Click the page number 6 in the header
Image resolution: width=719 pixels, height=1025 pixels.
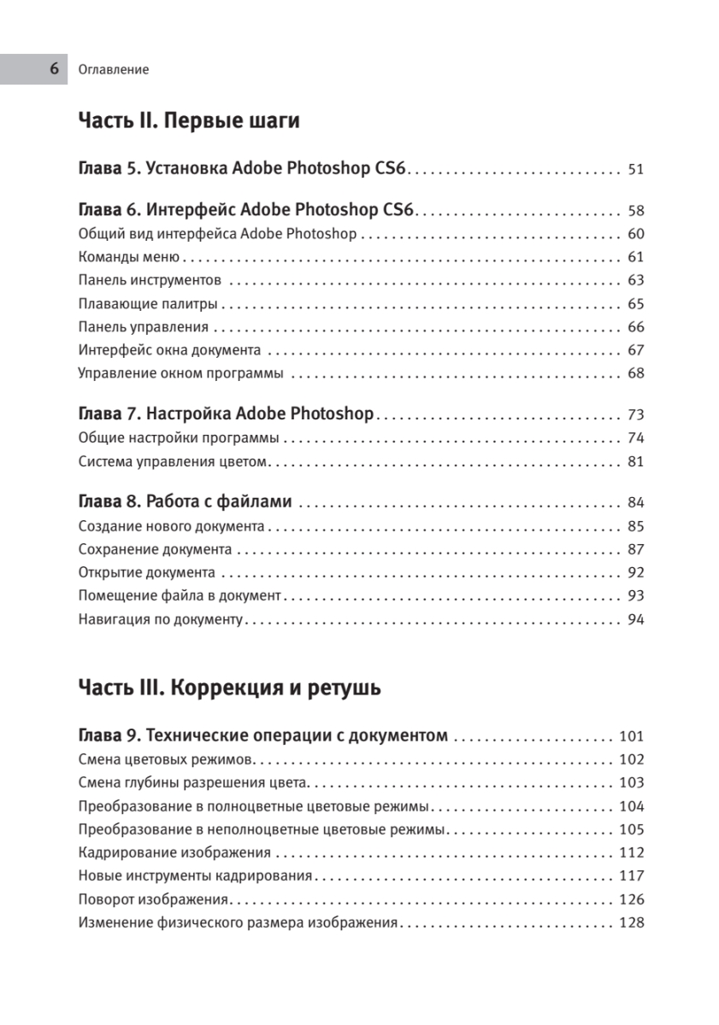[54, 69]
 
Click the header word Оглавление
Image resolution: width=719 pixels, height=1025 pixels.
[113, 70]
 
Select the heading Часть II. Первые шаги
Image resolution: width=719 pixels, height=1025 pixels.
[188, 120]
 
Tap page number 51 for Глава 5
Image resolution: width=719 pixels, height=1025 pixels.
[635, 169]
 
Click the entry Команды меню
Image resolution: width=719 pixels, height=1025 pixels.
[127, 257]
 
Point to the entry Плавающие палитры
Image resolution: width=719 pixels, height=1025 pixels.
[147, 303]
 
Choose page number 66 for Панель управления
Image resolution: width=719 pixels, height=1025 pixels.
[635, 327]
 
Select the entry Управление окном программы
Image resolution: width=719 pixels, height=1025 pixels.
[180, 373]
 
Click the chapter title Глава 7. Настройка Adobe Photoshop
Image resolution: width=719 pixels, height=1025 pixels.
[226, 414]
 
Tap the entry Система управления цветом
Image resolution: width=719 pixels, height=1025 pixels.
[174, 462]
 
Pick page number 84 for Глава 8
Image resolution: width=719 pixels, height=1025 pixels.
[635, 502]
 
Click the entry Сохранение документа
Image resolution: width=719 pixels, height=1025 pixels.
[155, 549]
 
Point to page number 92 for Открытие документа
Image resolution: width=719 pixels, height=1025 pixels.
[635, 573]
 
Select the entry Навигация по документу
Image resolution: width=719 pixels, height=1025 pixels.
[161, 619]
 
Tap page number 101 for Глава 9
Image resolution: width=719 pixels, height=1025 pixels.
[631, 736]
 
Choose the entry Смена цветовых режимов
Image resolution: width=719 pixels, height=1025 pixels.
[163, 759]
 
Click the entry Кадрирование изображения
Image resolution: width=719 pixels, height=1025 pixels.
[174, 852]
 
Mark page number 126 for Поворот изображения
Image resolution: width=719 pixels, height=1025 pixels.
[631, 899]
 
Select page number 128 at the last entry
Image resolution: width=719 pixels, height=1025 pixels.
[631, 922]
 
